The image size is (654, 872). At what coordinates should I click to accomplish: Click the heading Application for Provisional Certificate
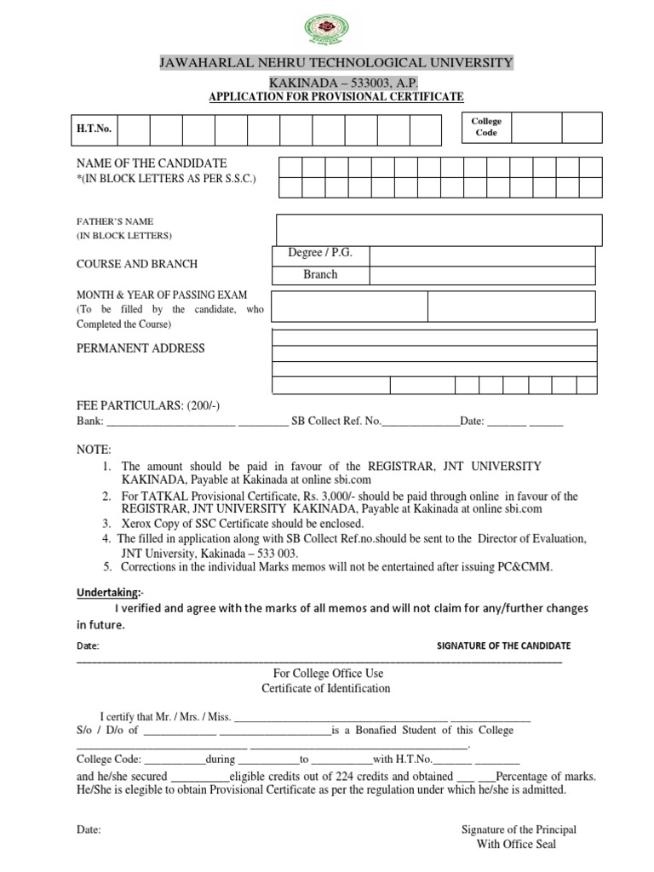coord(336,98)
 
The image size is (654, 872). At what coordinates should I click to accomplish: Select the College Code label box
coord(486,127)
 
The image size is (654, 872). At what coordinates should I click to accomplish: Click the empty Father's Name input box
coord(439,230)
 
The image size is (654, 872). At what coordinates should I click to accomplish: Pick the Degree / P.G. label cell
coord(320,254)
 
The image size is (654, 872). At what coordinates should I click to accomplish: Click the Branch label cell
coord(320,274)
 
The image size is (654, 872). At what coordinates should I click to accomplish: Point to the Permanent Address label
coord(141,348)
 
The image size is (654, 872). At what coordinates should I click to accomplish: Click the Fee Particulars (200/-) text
coord(148,404)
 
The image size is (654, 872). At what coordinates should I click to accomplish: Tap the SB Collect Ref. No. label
coord(336,421)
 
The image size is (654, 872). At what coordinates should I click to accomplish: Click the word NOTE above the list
coord(94,449)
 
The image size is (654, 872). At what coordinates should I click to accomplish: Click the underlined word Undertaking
coord(108,591)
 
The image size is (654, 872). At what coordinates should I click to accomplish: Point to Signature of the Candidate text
coord(503,645)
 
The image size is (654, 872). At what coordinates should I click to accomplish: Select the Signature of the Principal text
coord(519,829)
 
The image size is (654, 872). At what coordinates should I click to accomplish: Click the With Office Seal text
coord(518,844)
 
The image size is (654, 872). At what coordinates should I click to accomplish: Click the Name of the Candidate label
coord(152,163)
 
